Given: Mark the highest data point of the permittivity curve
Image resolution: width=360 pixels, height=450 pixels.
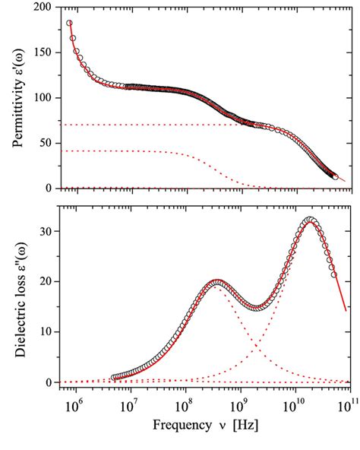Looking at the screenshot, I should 69,24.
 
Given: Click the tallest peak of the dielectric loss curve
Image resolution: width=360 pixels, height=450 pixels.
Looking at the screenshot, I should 310,220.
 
